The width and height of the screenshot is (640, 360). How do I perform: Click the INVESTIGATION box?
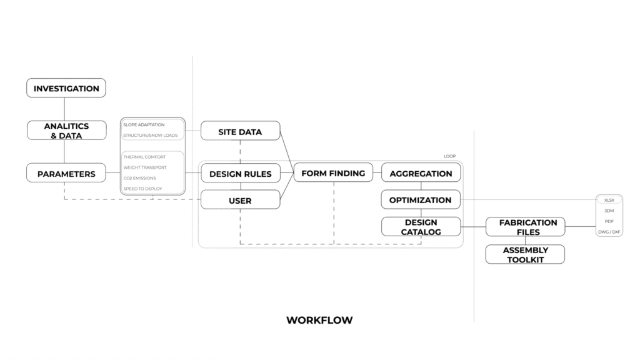pyautogui.click(x=66, y=88)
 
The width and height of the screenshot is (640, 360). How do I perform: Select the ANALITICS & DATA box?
pyautogui.click(x=66, y=131)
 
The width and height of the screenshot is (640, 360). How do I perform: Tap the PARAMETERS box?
pyautogui.click(x=66, y=174)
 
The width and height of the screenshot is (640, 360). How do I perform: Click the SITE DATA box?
pyautogui.click(x=240, y=132)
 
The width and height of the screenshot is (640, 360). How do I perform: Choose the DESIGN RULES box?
pyautogui.click(x=240, y=174)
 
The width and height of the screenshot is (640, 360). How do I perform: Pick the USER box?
pyautogui.click(x=240, y=201)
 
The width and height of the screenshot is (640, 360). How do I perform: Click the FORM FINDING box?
pyautogui.click(x=333, y=173)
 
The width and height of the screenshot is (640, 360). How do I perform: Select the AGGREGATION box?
pyautogui.click(x=421, y=174)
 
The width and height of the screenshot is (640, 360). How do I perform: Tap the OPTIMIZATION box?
pyautogui.click(x=420, y=200)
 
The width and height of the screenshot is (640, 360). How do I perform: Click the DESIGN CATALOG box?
pyautogui.click(x=421, y=227)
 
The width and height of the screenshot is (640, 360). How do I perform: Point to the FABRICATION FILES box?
pyautogui.click(x=525, y=227)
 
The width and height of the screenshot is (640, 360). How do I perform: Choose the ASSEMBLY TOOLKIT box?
pyautogui.click(x=525, y=254)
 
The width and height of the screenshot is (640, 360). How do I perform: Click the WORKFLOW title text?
pyautogui.click(x=319, y=320)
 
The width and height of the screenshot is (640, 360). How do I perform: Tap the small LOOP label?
pyautogui.click(x=449, y=156)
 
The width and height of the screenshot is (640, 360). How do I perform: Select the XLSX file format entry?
pyautogui.click(x=609, y=199)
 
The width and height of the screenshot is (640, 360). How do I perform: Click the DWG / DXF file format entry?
pyautogui.click(x=609, y=232)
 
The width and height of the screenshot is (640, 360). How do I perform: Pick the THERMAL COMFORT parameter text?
pyautogui.click(x=144, y=157)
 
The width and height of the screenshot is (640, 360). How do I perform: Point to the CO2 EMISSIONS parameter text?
pyautogui.click(x=143, y=178)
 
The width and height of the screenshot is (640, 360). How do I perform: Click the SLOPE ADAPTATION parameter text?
pyautogui.click(x=144, y=125)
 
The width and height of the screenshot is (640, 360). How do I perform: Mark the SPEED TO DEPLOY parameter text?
pyautogui.click(x=142, y=188)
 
